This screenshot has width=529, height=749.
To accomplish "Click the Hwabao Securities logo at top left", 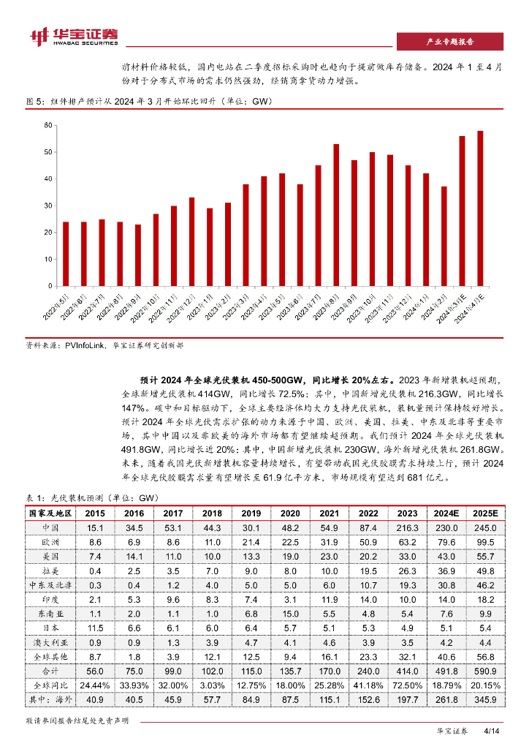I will click(x=73, y=36).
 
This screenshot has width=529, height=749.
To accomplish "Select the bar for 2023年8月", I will click(x=336, y=214).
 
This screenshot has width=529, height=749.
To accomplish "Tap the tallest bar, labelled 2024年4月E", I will click(x=480, y=208).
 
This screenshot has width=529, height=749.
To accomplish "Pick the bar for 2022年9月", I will click(x=138, y=255).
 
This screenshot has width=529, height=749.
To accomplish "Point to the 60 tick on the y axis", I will click(x=48, y=126).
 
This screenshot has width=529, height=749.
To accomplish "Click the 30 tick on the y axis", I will click(x=48, y=206).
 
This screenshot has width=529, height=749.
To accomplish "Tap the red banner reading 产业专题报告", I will click(x=449, y=42).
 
